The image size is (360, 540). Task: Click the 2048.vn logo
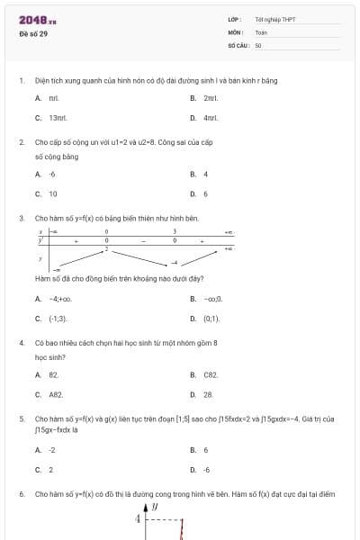click(37, 20)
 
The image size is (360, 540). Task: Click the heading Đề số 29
click(33, 33)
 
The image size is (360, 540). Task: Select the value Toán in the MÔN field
click(261, 31)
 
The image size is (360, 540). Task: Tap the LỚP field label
click(234, 19)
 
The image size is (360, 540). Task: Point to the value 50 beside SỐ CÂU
click(258, 44)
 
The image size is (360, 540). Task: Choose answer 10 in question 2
click(53, 193)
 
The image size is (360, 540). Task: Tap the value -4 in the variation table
click(175, 262)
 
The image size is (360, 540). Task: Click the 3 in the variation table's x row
click(175, 232)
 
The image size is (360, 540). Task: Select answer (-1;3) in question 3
click(58, 319)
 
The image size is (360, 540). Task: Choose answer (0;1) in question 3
click(211, 319)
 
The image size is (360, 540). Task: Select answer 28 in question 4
click(208, 394)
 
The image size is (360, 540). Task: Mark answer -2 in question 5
click(52, 449)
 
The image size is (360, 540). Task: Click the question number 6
click(21, 494)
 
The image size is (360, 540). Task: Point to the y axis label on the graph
click(155, 507)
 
